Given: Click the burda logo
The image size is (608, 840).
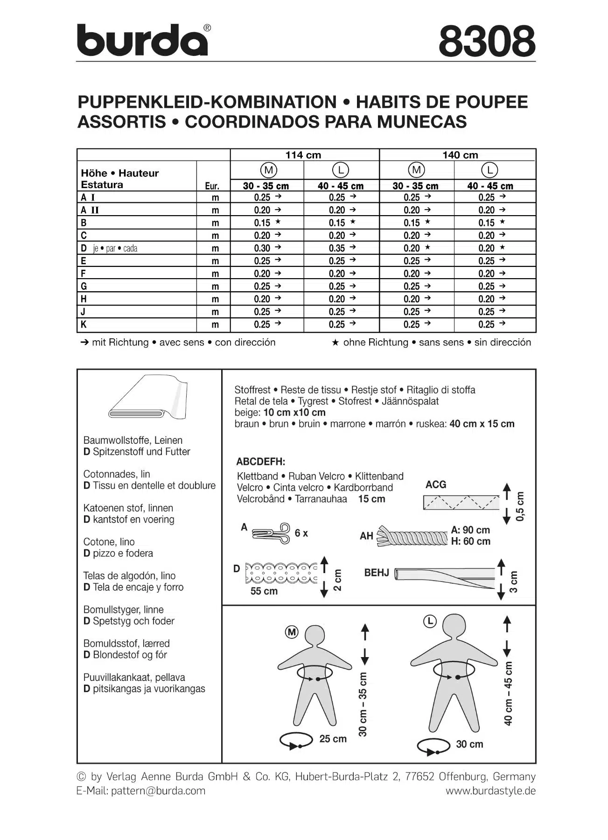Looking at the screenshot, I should [142, 40].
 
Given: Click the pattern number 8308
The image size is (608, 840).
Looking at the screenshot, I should [487, 41].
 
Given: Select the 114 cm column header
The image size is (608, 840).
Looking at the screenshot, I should [303, 155].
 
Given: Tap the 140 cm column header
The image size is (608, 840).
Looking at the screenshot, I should [460, 155].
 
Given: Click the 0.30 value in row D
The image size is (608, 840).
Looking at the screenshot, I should [262, 248].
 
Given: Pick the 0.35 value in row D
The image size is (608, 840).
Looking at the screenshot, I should [337, 248].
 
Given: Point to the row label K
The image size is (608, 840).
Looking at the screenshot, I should [84, 324].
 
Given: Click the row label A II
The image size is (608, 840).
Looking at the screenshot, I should [90, 210].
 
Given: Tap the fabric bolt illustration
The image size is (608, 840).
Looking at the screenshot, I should [148, 397].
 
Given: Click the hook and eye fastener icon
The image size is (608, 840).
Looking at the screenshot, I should [271, 533].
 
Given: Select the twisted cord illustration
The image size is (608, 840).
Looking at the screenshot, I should [411, 537].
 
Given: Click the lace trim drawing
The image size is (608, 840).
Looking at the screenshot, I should [281, 573].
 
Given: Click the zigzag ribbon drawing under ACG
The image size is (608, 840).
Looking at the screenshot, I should [461, 502].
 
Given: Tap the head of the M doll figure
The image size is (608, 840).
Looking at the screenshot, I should [318, 636].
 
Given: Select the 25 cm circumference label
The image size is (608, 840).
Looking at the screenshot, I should [333, 739].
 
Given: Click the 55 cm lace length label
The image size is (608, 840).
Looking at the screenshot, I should [264, 591].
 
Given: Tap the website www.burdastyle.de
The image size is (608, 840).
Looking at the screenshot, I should [490, 791].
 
